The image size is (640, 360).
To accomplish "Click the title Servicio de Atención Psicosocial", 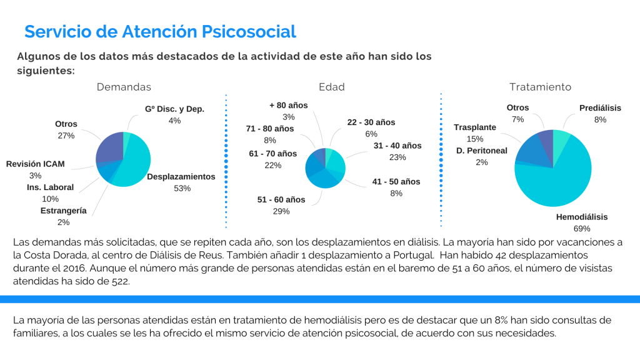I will click(x=160, y=31).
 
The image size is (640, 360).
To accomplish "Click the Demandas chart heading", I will click(x=124, y=87).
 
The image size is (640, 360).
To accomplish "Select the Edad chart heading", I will click(x=331, y=87).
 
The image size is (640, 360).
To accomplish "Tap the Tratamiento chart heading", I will click(x=540, y=87).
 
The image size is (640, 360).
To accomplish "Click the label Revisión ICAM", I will click(x=36, y=164).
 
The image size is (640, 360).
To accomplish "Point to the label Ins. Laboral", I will click(x=50, y=187).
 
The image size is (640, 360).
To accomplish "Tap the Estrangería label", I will click(x=63, y=211).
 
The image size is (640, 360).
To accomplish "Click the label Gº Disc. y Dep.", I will click(x=174, y=109).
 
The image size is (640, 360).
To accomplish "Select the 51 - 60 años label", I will click(x=281, y=199).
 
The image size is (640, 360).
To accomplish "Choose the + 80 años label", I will click(x=289, y=105).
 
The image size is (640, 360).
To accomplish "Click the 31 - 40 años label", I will click(x=397, y=146).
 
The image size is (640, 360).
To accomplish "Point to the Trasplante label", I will click(x=475, y=127).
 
